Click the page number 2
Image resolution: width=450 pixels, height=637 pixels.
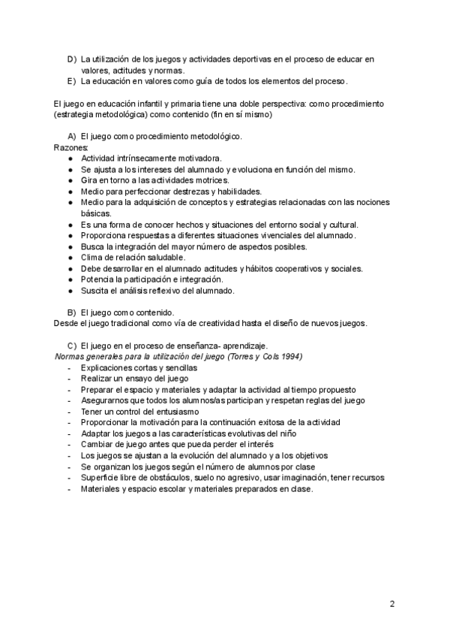point(392,603)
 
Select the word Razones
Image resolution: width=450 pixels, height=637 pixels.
point(68,149)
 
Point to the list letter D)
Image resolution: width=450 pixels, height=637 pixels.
point(72,59)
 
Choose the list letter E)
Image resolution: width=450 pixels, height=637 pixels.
point(72,80)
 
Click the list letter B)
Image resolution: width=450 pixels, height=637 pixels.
point(72,312)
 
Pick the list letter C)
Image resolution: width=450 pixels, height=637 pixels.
point(72,345)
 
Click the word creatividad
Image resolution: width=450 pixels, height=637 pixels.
point(212,323)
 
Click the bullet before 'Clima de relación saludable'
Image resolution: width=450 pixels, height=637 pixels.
point(70,258)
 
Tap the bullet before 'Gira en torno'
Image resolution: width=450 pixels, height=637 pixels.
point(70,181)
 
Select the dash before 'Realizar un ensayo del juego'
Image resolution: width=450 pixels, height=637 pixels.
point(69,379)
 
